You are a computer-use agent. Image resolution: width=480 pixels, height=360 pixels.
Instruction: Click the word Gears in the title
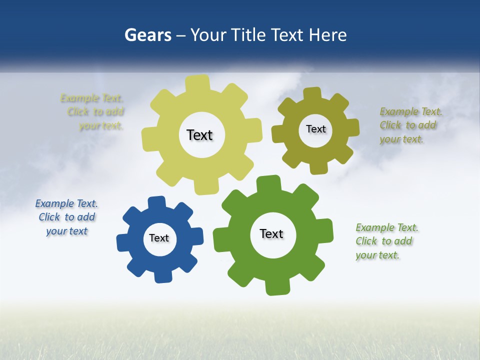point(147,35)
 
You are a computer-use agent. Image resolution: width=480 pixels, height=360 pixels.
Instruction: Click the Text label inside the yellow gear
point(199,135)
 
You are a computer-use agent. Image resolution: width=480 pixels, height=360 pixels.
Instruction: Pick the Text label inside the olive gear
point(315,129)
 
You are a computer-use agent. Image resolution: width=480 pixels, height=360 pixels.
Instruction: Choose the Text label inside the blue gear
point(159,238)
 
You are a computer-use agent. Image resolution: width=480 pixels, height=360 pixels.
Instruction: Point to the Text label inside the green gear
point(271,233)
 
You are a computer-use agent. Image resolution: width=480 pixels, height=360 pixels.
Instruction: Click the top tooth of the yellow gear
point(197,83)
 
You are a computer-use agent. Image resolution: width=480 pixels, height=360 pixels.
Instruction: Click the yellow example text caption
point(92,112)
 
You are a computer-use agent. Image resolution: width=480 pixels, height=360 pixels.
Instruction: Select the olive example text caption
point(410,125)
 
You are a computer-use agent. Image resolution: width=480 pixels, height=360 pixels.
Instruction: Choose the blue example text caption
point(66,217)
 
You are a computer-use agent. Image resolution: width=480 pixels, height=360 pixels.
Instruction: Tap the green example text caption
point(386,241)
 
